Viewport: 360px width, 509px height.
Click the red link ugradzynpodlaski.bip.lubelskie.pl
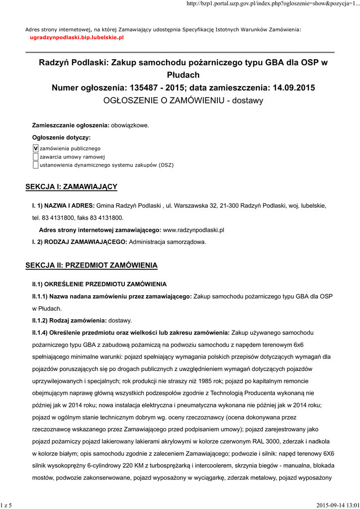[x=77, y=37]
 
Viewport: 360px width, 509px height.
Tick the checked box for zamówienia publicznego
[x=35, y=148]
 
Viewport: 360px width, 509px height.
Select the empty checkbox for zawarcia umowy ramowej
[x=35, y=157]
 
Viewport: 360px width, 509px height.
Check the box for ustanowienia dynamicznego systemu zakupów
[x=35, y=165]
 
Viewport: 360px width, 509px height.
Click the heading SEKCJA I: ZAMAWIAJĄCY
[x=71, y=186]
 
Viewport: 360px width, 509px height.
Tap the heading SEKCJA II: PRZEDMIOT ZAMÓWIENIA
[x=91, y=265]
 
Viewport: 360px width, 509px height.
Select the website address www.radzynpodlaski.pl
[x=194, y=230]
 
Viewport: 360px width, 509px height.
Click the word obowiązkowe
[x=130, y=125]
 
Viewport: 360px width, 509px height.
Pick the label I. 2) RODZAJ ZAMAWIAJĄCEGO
[x=80, y=242]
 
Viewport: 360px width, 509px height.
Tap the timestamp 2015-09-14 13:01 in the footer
[x=337, y=505]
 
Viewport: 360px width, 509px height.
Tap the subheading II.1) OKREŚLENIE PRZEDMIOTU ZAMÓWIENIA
[x=99, y=284]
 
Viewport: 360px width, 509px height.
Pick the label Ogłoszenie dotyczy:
[x=62, y=137]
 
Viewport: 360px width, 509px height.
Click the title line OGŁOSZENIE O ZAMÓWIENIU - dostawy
[x=183, y=100]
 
